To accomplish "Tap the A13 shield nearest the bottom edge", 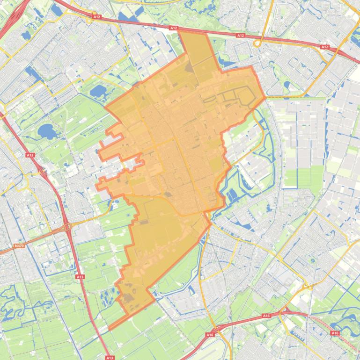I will pos(110,358).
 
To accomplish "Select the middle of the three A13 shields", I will pos(80,277).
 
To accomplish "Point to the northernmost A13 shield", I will pos(30,155).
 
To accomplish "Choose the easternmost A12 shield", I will pos(324,47).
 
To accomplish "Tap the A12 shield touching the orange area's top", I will pos(174,28).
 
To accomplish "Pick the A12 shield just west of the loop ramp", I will pos(241,35).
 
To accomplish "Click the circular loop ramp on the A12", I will pos(259,43).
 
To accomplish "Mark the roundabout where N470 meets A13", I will pos(68,227).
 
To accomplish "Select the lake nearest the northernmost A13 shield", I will pos(47,131).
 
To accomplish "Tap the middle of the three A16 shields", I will pos(266,316).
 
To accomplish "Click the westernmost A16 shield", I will pos(210,335).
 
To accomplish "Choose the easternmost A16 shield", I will pos(335,333).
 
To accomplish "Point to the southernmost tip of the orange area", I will pos(110,329).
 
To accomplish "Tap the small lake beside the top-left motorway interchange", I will pos(26,35).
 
